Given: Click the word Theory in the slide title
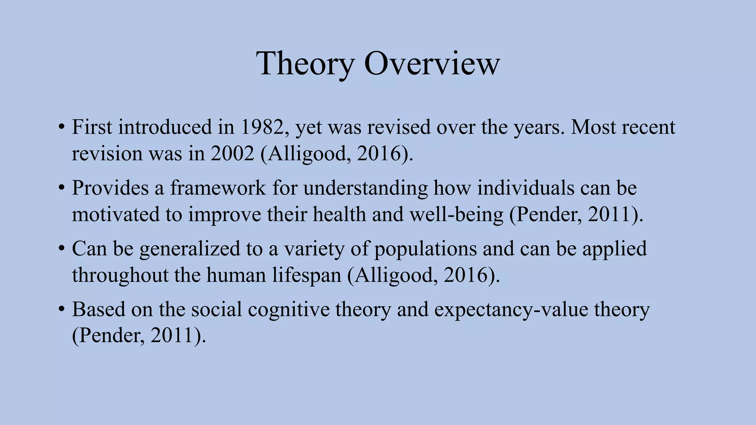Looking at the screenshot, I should [305, 63].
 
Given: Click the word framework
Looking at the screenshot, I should [218, 188].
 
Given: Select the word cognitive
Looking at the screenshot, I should [289, 310].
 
